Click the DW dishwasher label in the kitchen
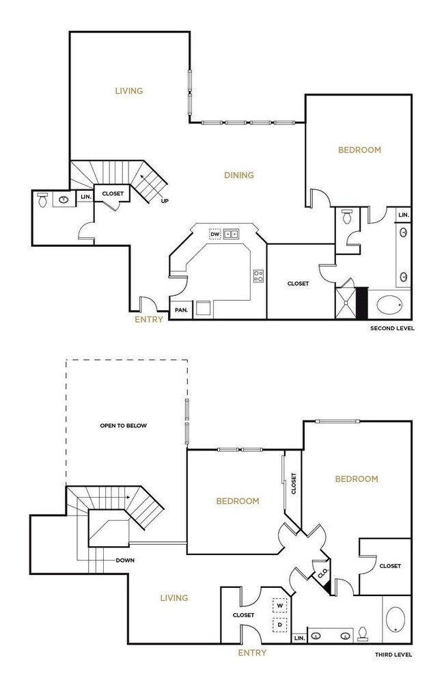tap(214, 234)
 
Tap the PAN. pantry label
tap(181, 310)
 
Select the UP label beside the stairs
tap(165, 201)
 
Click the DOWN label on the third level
tap(125, 561)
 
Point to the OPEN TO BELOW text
tap(124, 425)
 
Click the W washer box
tap(279, 606)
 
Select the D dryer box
tap(279, 625)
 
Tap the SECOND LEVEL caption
tap(392, 329)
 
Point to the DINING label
tap(239, 175)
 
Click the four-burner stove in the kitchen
tap(259, 276)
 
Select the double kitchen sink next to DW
tap(231, 234)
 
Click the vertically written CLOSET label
tap(293, 485)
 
